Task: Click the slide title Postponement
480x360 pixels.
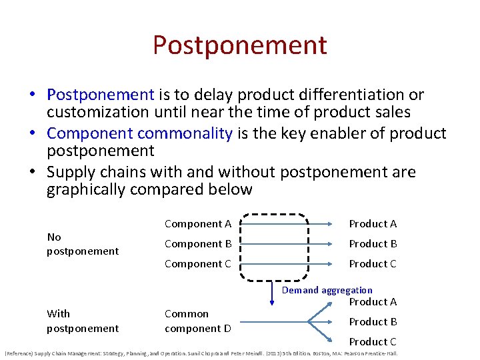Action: coord(239,45)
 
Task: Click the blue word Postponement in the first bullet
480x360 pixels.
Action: coord(101,95)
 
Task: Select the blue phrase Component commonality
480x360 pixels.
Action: coord(139,133)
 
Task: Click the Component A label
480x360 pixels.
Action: coord(197,224)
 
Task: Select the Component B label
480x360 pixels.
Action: coord(197,244)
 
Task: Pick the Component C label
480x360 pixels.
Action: coord(197,264)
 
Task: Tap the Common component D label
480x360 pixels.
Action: coord(198,321)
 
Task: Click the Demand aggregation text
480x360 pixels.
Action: coord(327,290)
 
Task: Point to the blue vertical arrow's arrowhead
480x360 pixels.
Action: coord(271,303)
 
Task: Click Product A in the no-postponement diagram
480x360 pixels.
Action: coord(373,224)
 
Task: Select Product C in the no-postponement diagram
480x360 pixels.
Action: coord(373,264)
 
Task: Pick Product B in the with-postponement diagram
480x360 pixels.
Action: coord(373,321)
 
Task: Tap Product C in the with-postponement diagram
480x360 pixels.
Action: coord(373,341)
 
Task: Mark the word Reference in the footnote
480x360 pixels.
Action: coord(20,353)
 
